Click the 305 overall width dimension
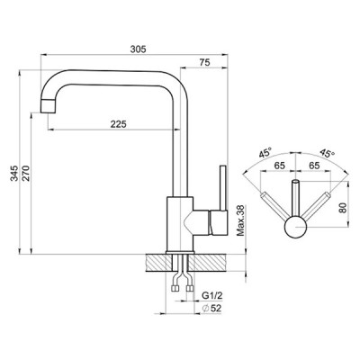click(138, 49)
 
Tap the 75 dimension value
click(205, 62)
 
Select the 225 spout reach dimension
click(119, 124)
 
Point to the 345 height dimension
click(14, 173)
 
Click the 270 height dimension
click(26, 173)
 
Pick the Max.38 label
click(241, 220)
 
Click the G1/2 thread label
click(212, 295)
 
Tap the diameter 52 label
click(211, 308)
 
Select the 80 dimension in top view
click(344, 208)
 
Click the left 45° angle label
click(265, 153)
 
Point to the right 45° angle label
click(327, 153)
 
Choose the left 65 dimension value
click(279, 166)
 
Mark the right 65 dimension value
click(314, 166)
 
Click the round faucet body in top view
click(296, 227)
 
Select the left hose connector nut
click(175, 289)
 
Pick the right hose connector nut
click(190, 289)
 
